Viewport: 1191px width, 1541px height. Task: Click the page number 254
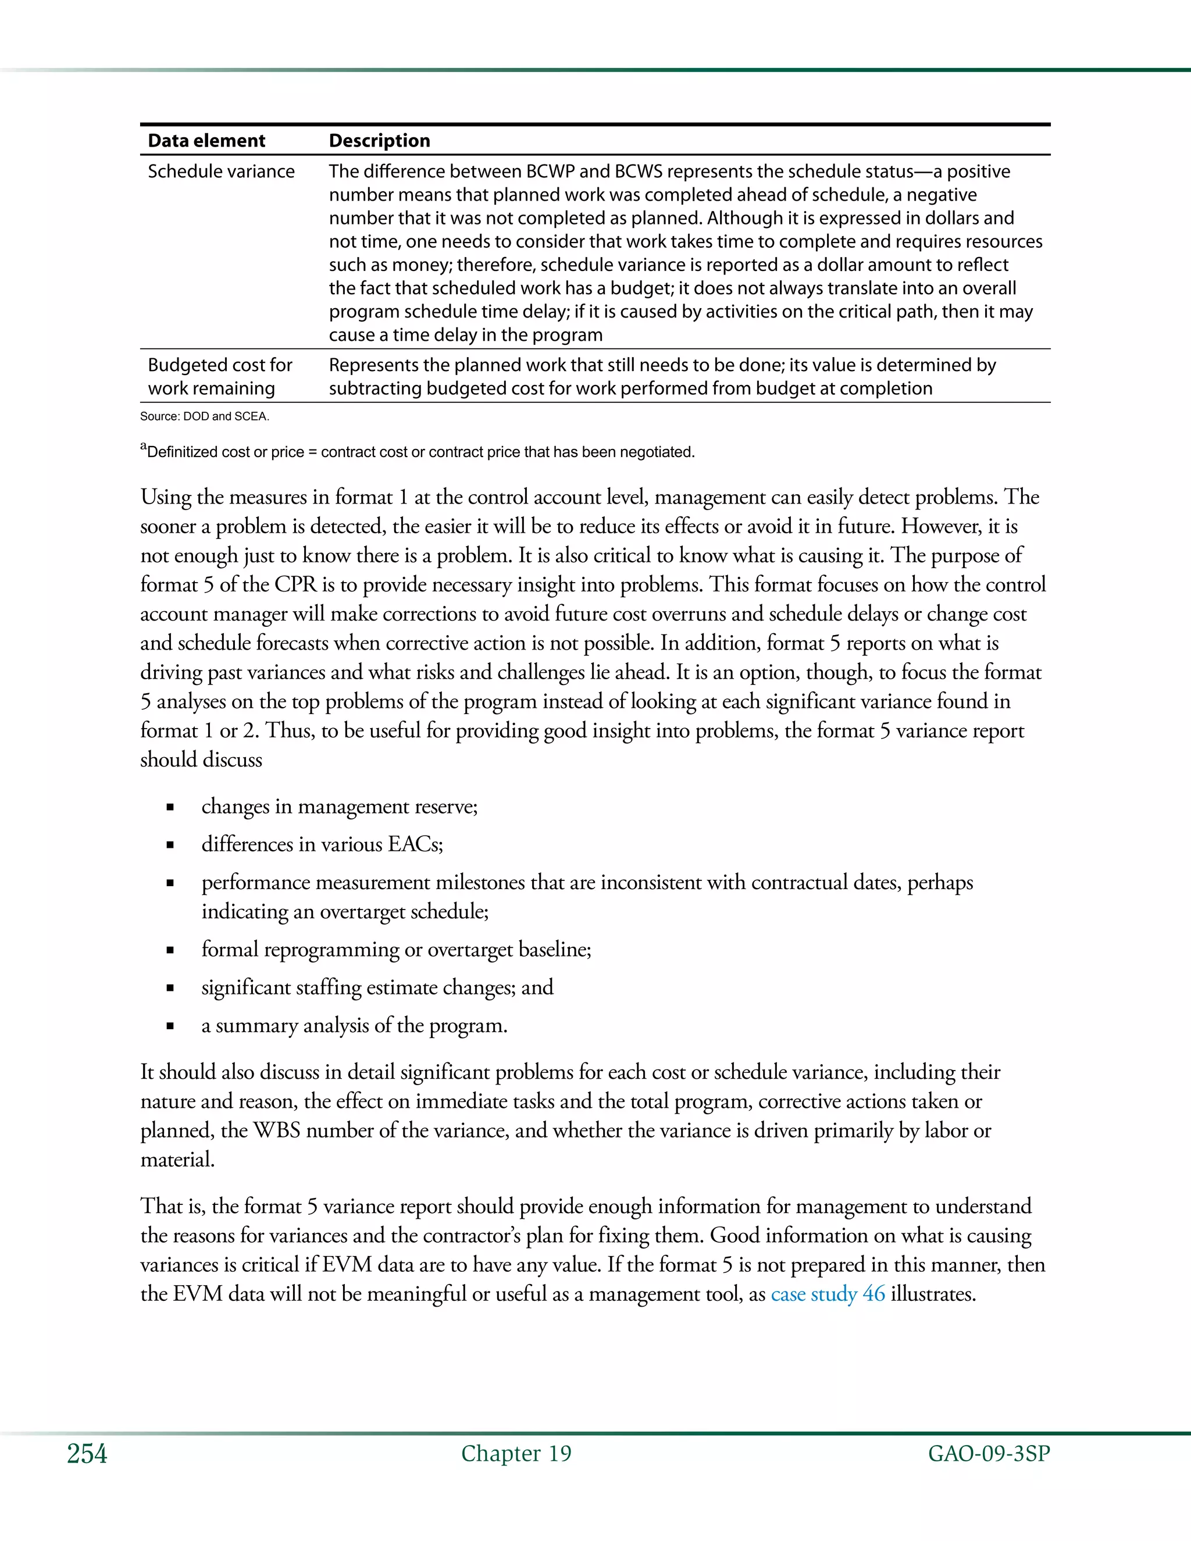click(x=87, y=1454)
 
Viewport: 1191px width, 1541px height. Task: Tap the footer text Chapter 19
click(x=516, y=1454)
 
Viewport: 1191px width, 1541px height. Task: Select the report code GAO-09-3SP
click(x=989, y=1454)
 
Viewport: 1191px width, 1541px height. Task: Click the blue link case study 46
click(x=828, y=1294)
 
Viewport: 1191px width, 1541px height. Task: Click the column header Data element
click(x=206, y=140)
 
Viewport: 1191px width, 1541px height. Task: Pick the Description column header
click(x=379, y=140)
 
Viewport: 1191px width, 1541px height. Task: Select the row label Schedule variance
click(x=221, y=172)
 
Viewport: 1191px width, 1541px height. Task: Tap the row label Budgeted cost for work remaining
click(x=219, y=376)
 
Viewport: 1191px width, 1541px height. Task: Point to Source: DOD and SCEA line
click(x=205, y=416)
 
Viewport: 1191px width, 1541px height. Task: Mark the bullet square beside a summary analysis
click(x=170, y=1026)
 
